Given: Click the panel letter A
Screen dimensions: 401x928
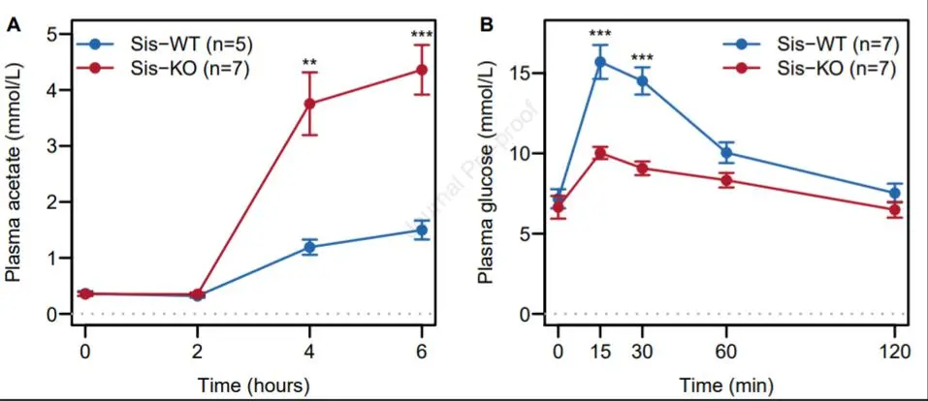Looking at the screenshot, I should point(14,24).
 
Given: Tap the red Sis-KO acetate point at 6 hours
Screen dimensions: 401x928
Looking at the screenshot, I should point(422,70).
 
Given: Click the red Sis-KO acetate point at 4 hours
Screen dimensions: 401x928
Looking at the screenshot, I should point(309,104).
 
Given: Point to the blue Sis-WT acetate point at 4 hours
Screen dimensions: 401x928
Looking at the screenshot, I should point(309,247).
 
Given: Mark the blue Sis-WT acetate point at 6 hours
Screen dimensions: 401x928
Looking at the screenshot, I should point(422,231).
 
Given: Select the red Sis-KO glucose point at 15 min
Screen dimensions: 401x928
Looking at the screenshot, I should point(600,153).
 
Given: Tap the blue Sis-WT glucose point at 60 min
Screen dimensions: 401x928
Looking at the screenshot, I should point(726,152).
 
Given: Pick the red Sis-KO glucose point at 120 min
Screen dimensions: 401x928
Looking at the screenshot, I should point(895,209).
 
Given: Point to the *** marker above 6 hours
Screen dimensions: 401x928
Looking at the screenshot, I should point(422,36).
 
